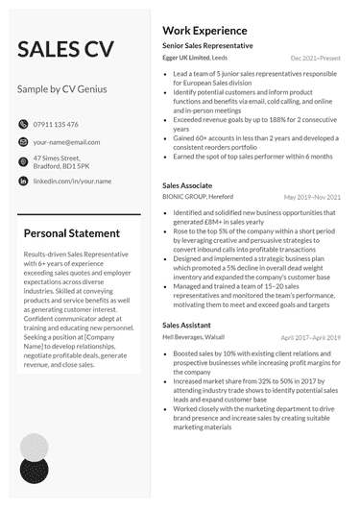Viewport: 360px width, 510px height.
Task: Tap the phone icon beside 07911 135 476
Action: [23, 124]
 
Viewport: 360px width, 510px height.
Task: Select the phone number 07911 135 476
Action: [56, 124]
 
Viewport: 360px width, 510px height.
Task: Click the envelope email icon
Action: [23, 142]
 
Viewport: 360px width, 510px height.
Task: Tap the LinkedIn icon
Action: [23, 181]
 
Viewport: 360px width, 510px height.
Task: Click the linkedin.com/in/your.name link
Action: [72, 181]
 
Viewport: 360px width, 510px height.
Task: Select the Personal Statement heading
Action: [71, 232]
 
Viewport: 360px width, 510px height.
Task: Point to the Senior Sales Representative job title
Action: [207, 45]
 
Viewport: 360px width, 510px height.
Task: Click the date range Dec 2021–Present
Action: [315, 59]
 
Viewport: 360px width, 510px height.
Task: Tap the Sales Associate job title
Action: [188, 184]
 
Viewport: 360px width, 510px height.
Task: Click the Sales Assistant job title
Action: [187, 326]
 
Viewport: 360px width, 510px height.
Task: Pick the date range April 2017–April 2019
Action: [310, 338]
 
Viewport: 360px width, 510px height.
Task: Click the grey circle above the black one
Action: [35, 447]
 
